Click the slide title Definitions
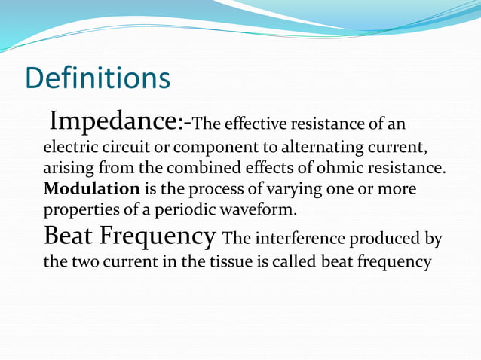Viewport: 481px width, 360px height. (x=97, y=79)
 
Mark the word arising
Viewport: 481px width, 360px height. (x=67, y=166)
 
